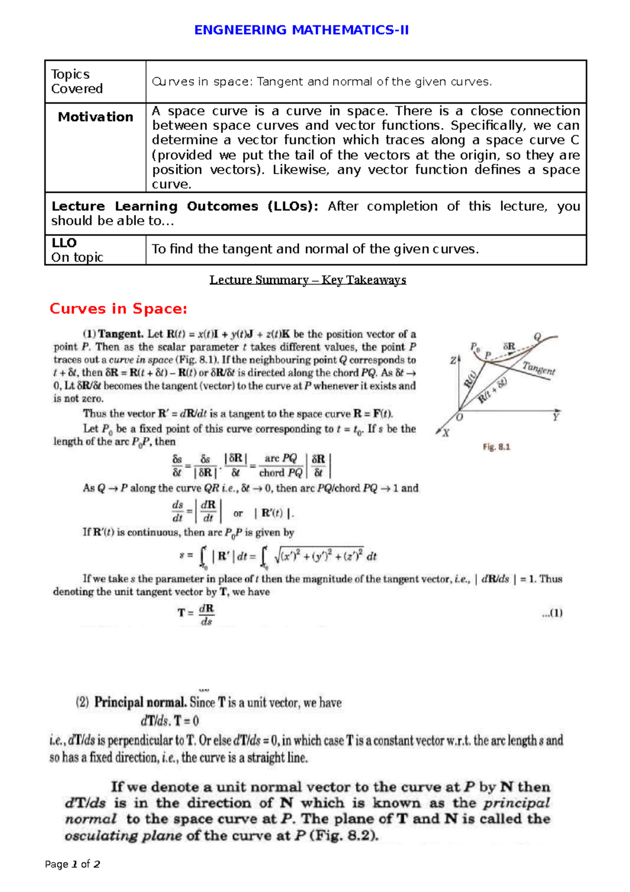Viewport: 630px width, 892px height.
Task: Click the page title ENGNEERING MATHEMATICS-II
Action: (301, 30)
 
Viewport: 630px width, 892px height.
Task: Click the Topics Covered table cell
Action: (77, 81)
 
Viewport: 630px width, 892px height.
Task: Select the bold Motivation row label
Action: (96, 117)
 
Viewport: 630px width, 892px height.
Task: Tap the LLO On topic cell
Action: (77, 250)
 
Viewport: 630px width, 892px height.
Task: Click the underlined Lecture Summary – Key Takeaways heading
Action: (308, 279)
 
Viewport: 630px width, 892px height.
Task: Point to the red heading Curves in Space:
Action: (118, 309)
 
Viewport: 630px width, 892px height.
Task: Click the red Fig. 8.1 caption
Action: (496, 447)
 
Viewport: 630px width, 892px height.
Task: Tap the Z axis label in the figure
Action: (453, 360)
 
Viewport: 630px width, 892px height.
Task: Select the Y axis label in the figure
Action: (555, 417)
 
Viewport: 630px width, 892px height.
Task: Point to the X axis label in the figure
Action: (446, 433)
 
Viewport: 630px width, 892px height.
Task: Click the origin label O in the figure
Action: (460, 418)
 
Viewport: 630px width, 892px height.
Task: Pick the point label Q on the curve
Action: (537, 337)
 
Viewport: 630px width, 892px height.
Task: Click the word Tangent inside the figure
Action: (539, 368)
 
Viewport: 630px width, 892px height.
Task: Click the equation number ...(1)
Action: (552, 613)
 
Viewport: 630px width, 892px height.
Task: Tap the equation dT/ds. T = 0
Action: (170, 721)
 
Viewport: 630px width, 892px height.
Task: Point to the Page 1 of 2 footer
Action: (72, 864)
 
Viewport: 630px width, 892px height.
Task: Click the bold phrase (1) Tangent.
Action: (113, 334)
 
